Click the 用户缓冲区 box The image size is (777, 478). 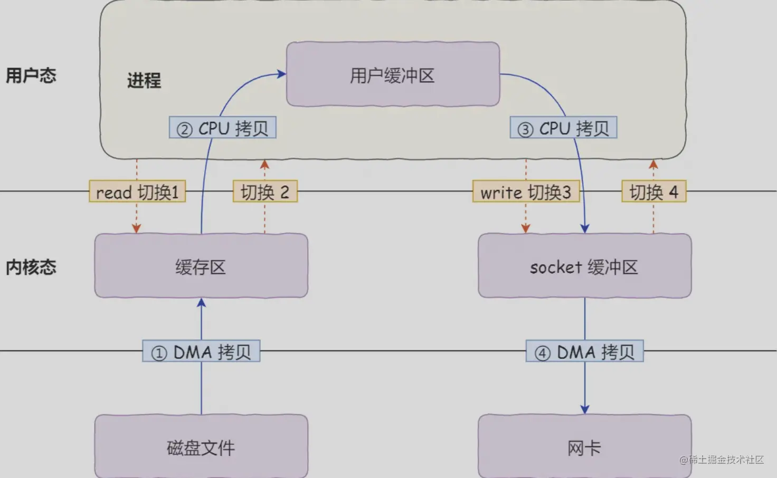tap(393, 74)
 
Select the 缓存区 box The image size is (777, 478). tap(201, 266)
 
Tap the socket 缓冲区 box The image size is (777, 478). tap(584, 266)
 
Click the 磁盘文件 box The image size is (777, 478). tap(201, 446)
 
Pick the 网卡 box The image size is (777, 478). tap(584, 446)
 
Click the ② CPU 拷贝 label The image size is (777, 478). tap(222, 128)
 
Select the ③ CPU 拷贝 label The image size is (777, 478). tap(563, 128)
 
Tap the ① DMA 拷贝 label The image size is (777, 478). tap(201, 351)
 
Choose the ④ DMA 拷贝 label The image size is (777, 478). tap(584, 351)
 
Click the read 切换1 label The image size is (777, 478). tap(137, 192)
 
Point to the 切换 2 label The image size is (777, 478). tap(265, 192)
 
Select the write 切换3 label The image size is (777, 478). tap(526, 192)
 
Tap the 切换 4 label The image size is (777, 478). tap(653, 192)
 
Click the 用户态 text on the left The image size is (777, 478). tap(31, 75)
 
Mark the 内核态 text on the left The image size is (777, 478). tap(31, 267)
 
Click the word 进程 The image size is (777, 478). tap(144, 80)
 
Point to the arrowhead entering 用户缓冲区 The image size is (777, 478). tap(282, 74)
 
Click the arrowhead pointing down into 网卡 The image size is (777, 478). tap(584, 409)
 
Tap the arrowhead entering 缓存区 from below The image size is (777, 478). tap(201, 303)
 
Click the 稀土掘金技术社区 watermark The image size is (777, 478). tap(722, 460)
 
